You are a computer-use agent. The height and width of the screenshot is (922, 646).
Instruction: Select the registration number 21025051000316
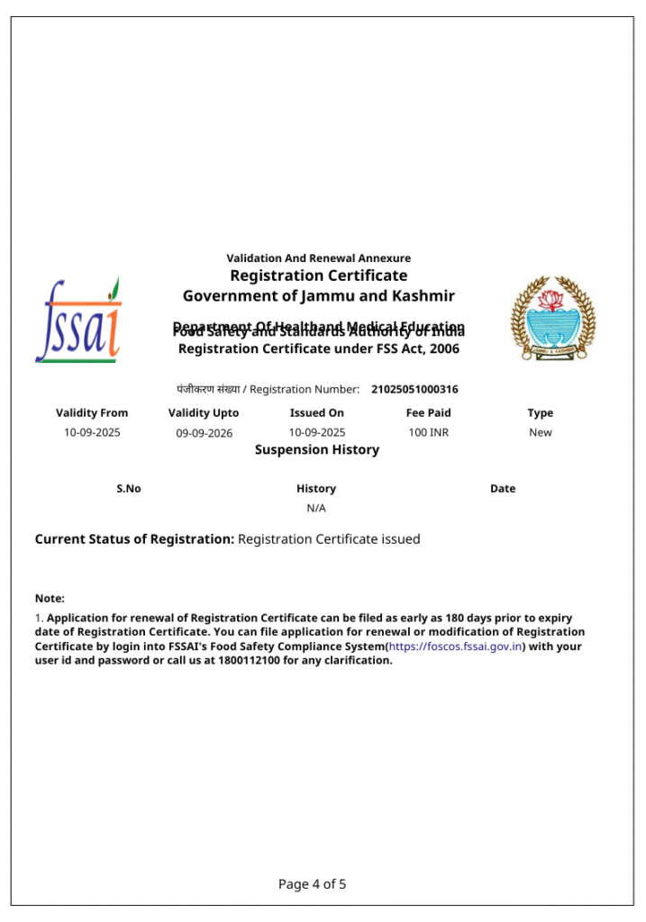coord(414,390)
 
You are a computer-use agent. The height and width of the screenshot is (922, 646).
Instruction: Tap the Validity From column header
coord(92,413)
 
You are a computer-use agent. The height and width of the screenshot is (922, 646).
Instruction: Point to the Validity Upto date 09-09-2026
coord(204,433)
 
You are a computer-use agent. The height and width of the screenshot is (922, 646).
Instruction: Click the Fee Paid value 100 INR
coord(428,433)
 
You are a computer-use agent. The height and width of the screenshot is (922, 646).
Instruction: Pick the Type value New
coord(541,433)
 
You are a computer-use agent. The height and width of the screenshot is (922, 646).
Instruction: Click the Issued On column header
coord(316,413)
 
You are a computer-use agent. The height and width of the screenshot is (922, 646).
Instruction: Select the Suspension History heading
coord(317,450)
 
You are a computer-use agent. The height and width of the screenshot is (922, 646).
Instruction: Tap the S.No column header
coord(129,489)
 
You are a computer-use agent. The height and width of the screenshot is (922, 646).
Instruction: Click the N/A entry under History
coord(316,509)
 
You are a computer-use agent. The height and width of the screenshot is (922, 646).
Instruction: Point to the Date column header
coord(503,489)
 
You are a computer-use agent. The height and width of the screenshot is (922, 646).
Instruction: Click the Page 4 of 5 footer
coord(313,884)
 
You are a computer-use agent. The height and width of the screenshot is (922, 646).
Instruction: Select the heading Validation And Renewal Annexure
coord(318,258)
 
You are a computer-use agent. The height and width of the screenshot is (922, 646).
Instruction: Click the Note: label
coord(50,599)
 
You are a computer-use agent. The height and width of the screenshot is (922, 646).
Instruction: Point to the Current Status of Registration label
coord(134,539)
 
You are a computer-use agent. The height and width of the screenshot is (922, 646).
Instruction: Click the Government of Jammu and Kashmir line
coord(318,296)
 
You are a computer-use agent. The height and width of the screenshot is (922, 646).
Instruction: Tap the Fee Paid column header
coord(428,413)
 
